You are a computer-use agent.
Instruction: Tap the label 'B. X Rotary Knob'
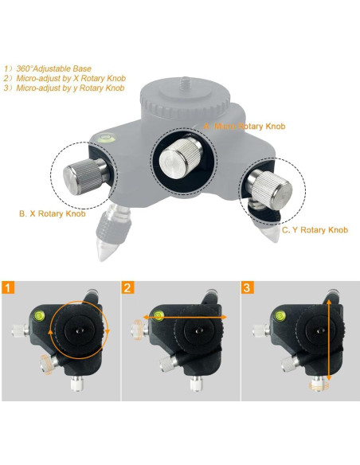point(52,213)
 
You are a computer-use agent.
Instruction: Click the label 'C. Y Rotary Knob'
point(315,229)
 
